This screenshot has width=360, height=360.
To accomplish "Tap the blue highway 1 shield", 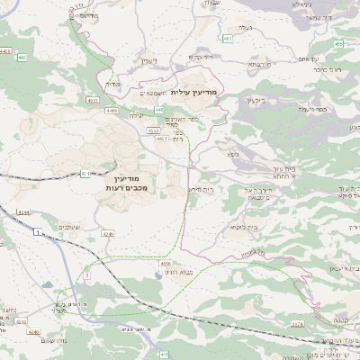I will (37, 232).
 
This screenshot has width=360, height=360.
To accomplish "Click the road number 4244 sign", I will (23, 212).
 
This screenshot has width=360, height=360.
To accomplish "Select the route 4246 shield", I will (108, 234).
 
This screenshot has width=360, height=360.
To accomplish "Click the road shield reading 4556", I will (165, 263).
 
